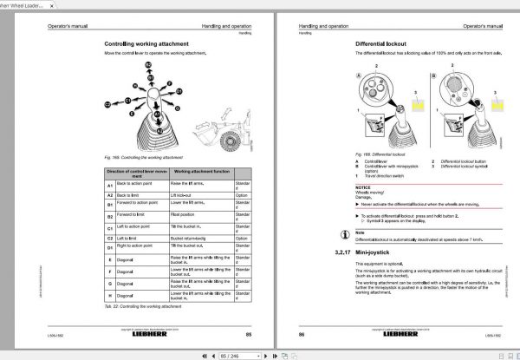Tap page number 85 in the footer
(x=250, y=334)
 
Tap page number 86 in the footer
(x=302, y=334)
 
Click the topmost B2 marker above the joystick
(x=148, y=66)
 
